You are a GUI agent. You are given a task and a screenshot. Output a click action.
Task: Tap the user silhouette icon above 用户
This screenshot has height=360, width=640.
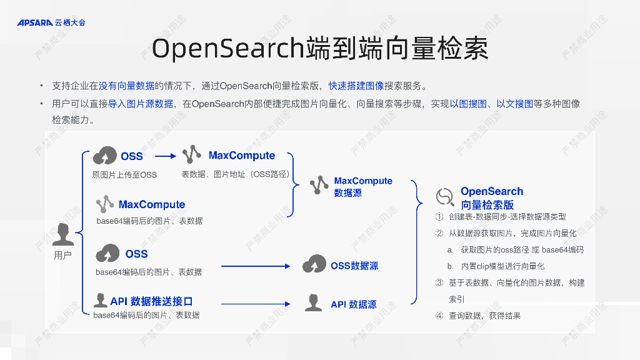[x=62, y=235]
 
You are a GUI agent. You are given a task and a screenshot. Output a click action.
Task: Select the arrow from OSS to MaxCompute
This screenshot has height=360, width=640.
[x=166, y=156]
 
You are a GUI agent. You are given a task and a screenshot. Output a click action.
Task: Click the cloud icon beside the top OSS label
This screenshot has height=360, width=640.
[x=104, y=156]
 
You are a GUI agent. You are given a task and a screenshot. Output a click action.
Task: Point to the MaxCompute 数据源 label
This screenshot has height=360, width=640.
[x=363, y=187]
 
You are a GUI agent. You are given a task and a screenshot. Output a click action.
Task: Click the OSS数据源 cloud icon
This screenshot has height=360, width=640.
[x=314, y=265]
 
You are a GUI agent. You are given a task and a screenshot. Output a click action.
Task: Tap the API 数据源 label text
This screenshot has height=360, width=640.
[x=354, y=304]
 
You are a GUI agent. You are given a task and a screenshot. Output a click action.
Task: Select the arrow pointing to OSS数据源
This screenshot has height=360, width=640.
[x=256, y=266]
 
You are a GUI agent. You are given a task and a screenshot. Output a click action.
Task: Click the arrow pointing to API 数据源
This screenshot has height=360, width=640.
[x=256, y=304]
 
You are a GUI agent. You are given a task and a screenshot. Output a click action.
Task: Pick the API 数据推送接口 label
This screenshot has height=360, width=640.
[x=151, y=301]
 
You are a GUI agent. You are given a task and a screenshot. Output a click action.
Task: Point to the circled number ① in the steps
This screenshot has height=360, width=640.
[x=439, y=217]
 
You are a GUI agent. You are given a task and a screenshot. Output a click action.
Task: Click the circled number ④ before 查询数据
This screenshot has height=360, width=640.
[x=439, y=316]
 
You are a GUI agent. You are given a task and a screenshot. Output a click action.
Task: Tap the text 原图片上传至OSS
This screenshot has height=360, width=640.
[x=124, y=175]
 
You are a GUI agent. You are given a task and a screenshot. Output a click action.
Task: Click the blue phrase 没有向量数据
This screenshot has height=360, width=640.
[x=127, y=86]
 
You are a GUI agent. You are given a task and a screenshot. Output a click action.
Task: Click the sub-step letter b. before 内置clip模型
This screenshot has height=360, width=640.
[x=450, y=266]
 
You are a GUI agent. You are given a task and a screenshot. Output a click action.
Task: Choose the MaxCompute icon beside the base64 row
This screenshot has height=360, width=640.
[x=104, y=204]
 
